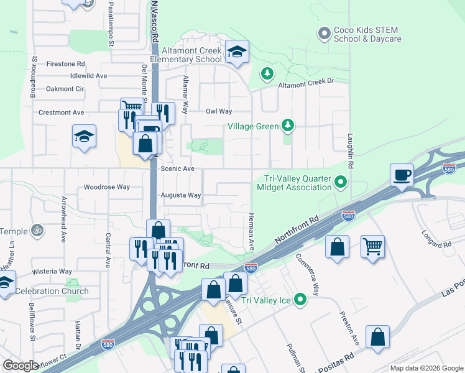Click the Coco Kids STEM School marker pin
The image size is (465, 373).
[323, 34]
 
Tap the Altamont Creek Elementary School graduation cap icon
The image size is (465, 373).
[237, 52]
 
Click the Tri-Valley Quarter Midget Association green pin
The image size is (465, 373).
[340, 183]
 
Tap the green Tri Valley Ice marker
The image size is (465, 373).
[301, 300]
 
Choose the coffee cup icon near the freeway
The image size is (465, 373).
[402, 175]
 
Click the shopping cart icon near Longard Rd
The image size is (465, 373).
[372, 246]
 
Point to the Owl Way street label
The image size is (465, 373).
[219, 112]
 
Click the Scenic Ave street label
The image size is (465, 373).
[178, 168]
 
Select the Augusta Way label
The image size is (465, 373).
[181, 195]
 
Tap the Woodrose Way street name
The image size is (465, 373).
[107, 186]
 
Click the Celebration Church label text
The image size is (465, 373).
[52, 291]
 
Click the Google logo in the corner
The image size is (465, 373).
[21, 366]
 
